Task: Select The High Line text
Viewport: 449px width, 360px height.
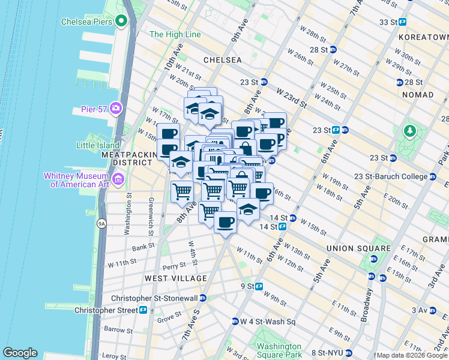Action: (x=175, y=35)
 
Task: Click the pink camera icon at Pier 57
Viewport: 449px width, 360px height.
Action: (x=115, y=109)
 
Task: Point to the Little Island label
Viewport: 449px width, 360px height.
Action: (x=98, y=145)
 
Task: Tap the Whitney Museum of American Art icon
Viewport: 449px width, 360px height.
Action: (x=118, y=179)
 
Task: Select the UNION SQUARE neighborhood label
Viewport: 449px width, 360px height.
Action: (x=358, y=248)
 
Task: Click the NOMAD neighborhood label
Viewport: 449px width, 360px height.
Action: (x=418, y=95)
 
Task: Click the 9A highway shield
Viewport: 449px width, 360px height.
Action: (x=101, y=223)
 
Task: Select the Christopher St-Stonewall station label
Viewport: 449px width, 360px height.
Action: (x=158, y=298)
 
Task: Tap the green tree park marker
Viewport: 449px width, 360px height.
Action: (x=410, y=130)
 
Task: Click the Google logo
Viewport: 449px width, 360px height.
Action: (x=20, y=353)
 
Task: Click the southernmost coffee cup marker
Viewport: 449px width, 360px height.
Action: (x=225, y=223)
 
